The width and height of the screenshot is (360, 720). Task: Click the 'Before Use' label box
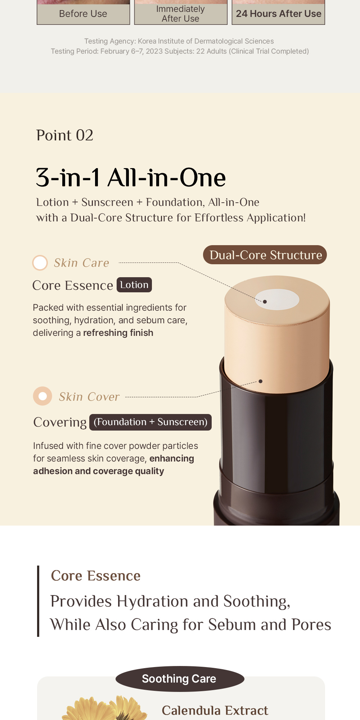(x=83, y=14)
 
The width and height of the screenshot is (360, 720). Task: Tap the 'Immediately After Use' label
(x=180, y=14)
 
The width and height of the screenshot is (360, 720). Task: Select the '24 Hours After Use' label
(x=278, y=14)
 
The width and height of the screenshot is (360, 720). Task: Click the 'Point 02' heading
(x=65, y=136)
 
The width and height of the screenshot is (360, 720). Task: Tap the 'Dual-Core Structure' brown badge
(x=265, y=255)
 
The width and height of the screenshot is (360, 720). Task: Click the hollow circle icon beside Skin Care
(x=40, y=262)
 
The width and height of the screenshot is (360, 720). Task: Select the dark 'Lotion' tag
(x=134, y=285)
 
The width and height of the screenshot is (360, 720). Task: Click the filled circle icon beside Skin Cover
(x=42, y=396)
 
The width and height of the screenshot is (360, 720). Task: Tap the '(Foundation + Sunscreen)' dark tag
(x=150, y=422)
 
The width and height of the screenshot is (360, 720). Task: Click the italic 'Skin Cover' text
(x=89, y=397)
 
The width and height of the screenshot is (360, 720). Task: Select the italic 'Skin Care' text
(x=81, y=263)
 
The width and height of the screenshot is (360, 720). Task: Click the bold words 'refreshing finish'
(x=118, y=333)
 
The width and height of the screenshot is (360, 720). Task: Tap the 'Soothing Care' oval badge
(x=179, y=679)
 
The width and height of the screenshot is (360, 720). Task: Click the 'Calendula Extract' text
(x=215, y=710)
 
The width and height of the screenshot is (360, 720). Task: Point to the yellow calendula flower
(x=104, y=709)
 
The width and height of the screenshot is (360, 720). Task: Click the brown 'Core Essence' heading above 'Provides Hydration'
(x=96, y=576)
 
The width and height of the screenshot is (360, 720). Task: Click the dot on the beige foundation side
(x=261, y=381)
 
